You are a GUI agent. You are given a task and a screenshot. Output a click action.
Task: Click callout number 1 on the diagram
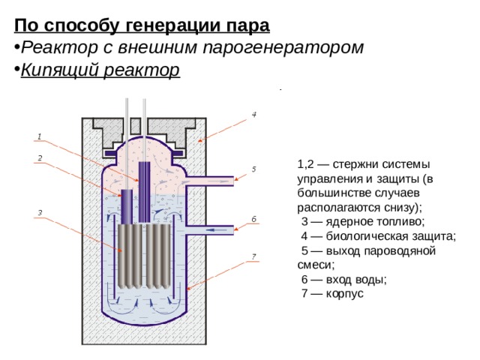39,136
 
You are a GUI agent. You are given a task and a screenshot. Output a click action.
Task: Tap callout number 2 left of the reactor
39,157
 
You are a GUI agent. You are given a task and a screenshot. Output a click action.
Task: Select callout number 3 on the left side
39,212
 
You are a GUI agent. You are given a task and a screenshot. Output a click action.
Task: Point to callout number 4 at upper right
254,115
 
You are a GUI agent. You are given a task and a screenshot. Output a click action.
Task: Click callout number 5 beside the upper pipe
254,169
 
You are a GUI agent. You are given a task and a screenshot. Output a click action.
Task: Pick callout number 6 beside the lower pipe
254,218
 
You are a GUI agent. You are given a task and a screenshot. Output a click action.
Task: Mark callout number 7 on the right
254,256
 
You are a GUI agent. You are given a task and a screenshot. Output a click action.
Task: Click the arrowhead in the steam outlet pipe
222,180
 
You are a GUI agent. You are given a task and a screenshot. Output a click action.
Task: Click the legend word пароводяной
400,250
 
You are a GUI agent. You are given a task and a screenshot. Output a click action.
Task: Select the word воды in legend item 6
372,279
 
